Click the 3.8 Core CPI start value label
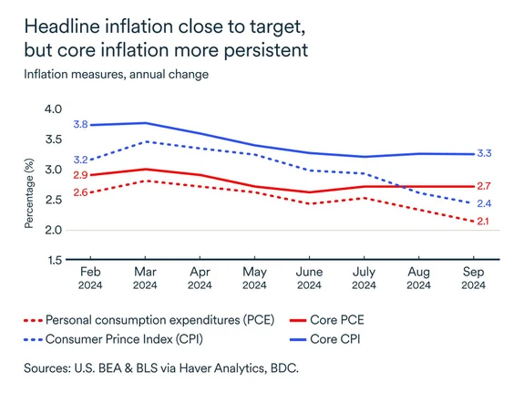point(80,124)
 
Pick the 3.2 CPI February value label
point(80,160)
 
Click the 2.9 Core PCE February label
point(80,175)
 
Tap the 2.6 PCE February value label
point(80,192)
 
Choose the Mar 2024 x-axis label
point(145,278)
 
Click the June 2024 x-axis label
point(309,278)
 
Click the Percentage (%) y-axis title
point(28,185)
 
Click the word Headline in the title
point(62,26)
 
